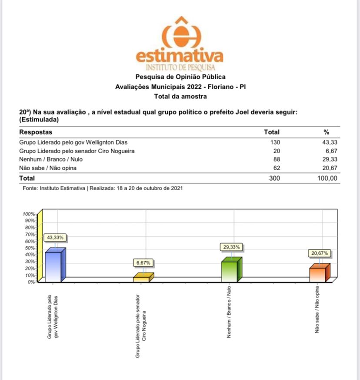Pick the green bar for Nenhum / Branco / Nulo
[230, 271]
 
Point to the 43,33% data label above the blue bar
[55, 238]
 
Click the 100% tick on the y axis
[29, 214]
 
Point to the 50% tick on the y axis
[30, 248]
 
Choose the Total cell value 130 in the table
[275, 142]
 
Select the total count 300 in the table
[275, 178]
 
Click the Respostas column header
[36, 132]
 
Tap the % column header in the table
[327, 132]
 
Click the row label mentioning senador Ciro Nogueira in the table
[77, 151]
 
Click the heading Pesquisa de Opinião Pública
[180, 77]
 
